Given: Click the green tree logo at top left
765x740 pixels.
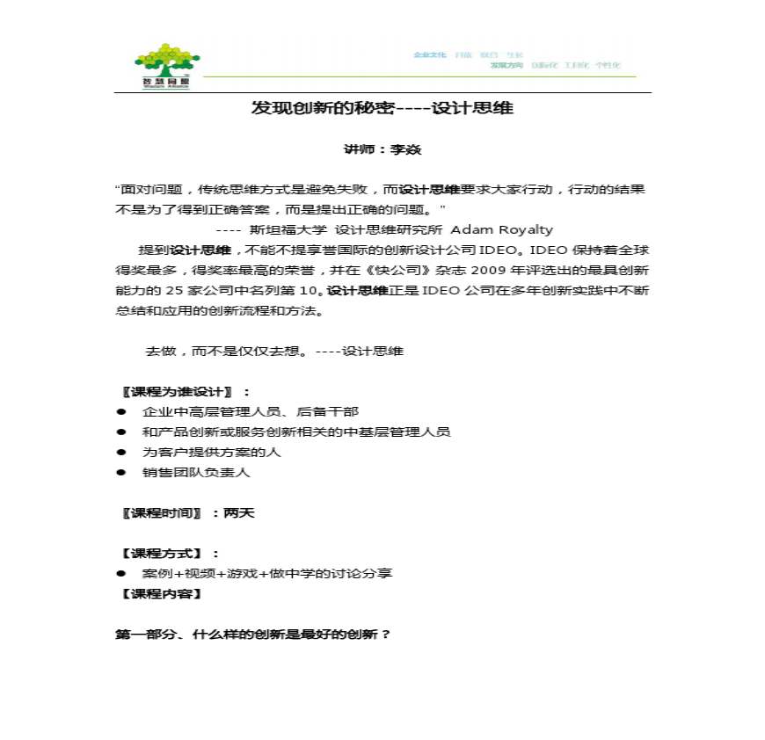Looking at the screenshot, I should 167,64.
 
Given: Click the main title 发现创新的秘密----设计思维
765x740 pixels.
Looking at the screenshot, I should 382,108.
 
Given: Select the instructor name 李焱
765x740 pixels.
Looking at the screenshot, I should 406,150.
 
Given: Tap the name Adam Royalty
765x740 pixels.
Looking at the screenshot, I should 502,229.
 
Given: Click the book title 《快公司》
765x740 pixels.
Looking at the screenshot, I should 392,270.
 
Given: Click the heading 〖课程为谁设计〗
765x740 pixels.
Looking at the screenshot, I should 177,391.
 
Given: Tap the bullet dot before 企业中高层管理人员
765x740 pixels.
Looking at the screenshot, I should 121,411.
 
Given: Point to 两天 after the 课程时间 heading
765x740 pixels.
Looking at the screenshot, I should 239,512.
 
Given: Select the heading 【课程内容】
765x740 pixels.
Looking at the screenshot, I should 160,593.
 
